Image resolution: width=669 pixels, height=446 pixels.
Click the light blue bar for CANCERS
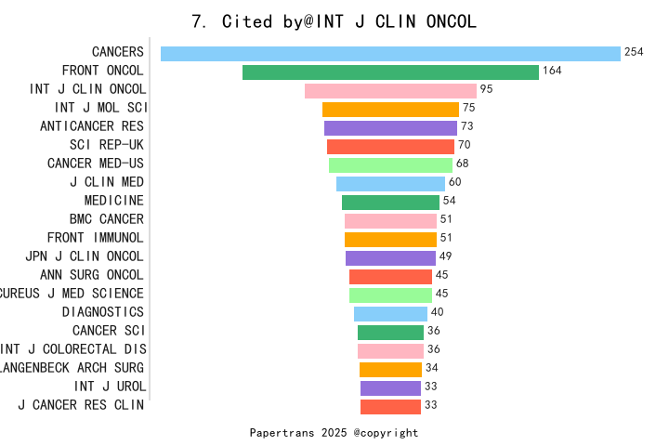pyautogui.click(x=390, y=53)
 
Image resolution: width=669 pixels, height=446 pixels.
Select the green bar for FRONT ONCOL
pyautogui.click(x=390, y=72)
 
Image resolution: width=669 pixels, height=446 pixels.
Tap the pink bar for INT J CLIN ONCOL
pyautogui.click(x=390, y=90)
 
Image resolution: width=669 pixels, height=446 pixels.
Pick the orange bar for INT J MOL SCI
pyautogui.click(x=390, y=109)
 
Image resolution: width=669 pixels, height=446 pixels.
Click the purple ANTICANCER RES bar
pyautogui.click(x=390, y=127)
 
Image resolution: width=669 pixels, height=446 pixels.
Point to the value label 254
pyautogui.click(x=634, y=52)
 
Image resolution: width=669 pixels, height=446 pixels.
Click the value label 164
pyautogui.click(x=552, y=71)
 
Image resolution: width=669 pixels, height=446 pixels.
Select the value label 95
pyautogui.click(x=486, y=89)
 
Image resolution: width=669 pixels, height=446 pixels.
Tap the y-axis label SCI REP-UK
pyautogui.click(x=107, y=145)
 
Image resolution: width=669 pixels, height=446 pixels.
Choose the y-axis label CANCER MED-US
pyautogui.click(x=96, y=164)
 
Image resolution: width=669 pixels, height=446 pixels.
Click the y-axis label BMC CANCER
pyautogui.click(x=107, y=219)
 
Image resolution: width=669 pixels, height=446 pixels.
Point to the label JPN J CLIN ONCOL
pyautogui.click(x=85, y=256)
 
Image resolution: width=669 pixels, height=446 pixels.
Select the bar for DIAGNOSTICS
pyautogui.click(x=390, y=313)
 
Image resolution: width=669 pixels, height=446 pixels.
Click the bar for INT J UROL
pyautogui.click(x=390, y=387)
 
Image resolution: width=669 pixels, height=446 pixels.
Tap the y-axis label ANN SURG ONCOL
pyautogui.click(x=92, y=275)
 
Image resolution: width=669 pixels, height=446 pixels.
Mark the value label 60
pyautogui.click(x=454, y=182)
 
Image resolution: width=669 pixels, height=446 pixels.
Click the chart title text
pyautogui.click(x=334, y=21)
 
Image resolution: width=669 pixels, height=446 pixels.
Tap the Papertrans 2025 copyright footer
pyautogui.click(x=334, y=433)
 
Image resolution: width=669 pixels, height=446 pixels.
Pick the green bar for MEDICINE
pyautogui.click(x=390, y=202)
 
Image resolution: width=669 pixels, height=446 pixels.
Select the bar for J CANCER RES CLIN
pyautogui.click(x=390, y=406)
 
